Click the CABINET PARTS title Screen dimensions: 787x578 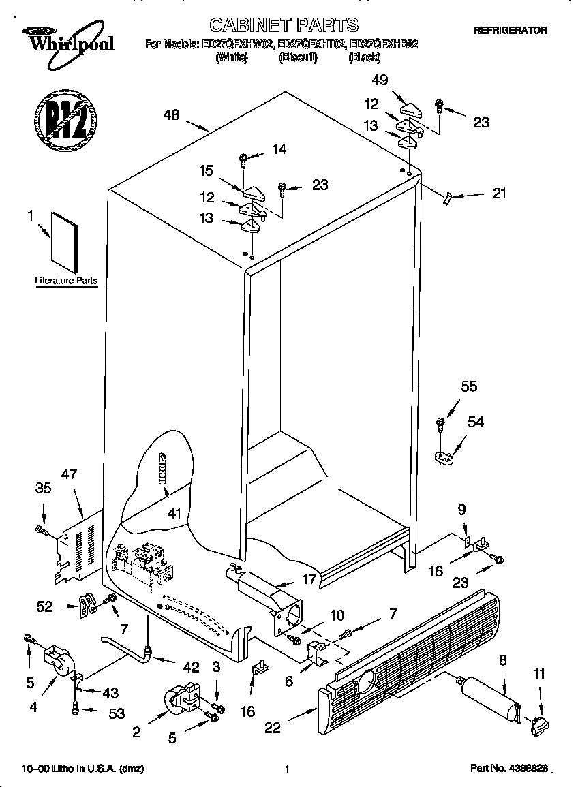click(x=283, y=25)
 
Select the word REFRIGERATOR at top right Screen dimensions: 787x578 click(x=510, y=31)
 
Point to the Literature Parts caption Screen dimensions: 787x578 click(x=66, y=281)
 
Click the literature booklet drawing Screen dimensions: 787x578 click(x=64, y=243)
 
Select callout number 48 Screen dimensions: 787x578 click(x=171, y=115)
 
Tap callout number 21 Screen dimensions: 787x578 click(x=499, y=194)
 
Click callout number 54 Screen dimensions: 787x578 click(x=475, y=422)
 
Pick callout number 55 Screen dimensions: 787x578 click(x=469, y=386)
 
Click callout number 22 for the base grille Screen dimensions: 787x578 click(x=273, y=728)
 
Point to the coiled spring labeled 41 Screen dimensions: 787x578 click(x=162, y=468)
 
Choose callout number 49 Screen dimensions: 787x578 click(x=380, y=80)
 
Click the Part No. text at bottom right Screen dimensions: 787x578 click(x=509, y=769)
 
